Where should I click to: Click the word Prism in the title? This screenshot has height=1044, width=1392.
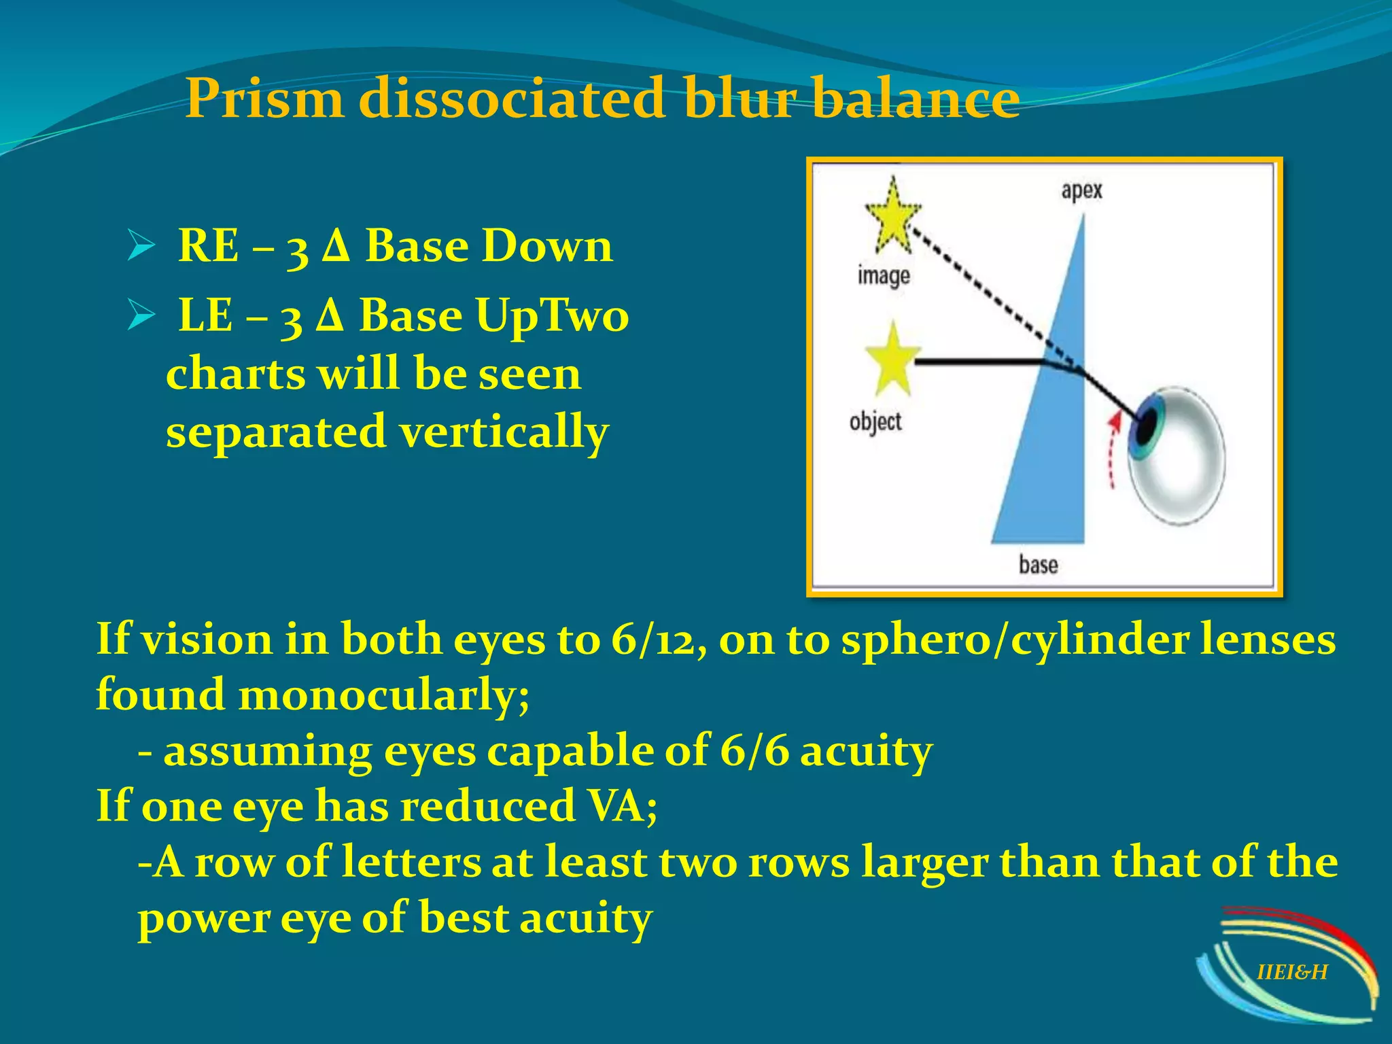265,99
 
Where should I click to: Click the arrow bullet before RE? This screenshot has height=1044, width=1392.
141,247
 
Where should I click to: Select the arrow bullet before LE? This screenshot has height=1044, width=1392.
141,317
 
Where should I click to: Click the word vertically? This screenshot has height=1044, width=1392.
504,433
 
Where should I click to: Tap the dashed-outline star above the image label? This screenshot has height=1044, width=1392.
892,215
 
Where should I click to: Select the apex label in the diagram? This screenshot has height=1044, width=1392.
1081,190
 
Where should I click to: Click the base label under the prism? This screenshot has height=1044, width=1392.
1038,565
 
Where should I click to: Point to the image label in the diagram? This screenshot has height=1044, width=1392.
883,276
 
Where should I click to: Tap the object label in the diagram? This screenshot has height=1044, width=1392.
875,422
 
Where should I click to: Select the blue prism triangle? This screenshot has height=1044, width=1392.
1050,442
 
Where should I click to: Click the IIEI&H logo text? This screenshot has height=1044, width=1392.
1291,973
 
